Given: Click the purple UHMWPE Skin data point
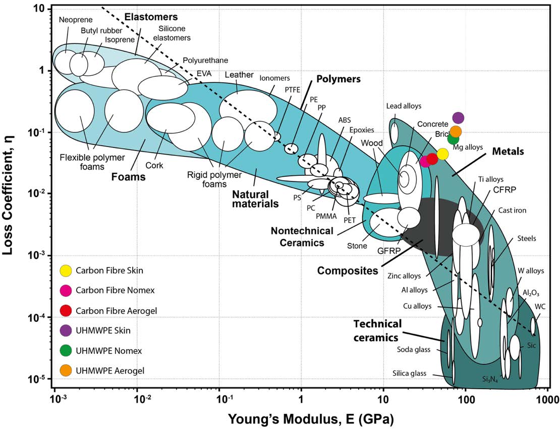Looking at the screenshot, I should coord(458,118).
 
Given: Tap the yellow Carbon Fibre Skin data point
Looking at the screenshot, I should coord(442,154).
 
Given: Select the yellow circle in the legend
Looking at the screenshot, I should coord(66,270).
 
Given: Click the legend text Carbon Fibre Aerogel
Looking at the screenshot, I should coord(116,310).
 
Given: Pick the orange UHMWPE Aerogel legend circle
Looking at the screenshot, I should coord(66,370).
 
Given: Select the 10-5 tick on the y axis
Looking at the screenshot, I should coord(40,379).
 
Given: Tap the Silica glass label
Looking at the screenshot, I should coord(409,373).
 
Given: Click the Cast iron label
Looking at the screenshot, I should coord(512,210).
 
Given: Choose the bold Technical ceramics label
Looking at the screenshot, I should coord(377,330).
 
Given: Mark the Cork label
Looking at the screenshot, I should coord(154,165).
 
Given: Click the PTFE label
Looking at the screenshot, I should coord(293,89).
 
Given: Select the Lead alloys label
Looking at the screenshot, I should coord(404,106).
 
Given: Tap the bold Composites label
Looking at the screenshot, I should coord(347,271).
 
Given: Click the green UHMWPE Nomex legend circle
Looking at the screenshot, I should coord(66,350).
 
